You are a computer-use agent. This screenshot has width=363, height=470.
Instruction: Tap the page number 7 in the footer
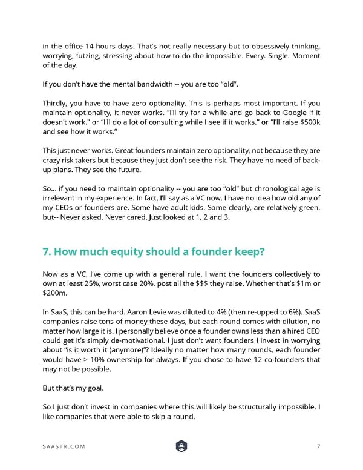[318, 446]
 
